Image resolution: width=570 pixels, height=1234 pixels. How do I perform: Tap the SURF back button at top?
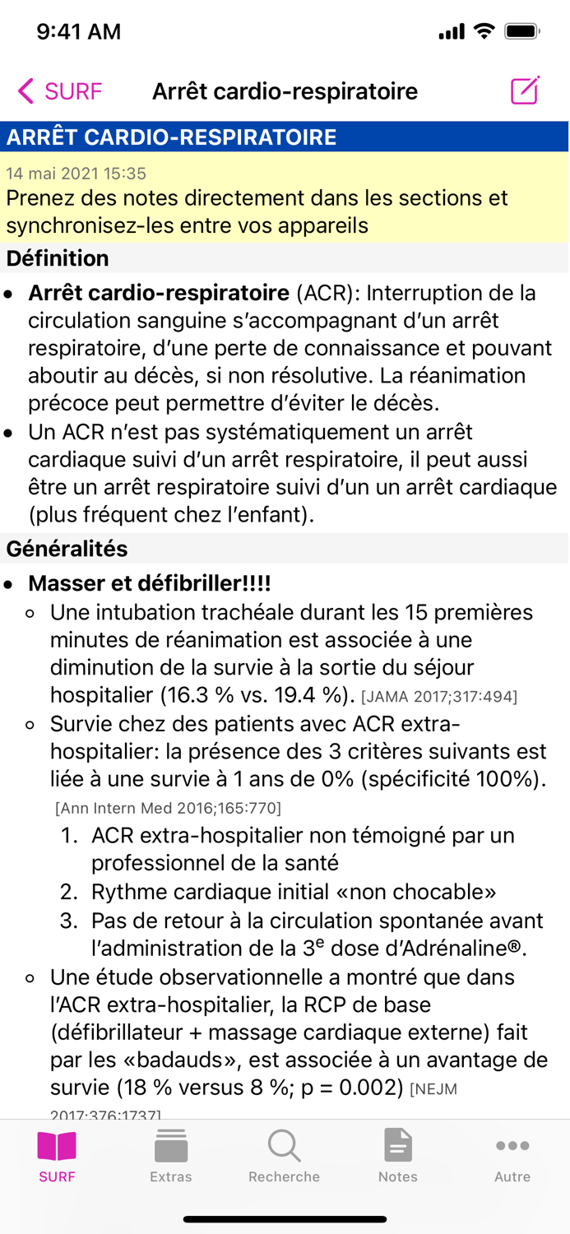point(59,91)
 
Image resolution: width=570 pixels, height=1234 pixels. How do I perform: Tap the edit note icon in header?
point(525,90)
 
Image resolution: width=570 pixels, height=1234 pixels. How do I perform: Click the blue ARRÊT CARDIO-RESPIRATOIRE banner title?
point(171,137)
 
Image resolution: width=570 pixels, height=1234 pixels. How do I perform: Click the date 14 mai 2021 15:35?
point(76,174)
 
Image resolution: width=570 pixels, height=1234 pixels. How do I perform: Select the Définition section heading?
point(58,258)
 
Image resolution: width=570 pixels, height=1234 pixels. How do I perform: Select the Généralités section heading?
point(67,549)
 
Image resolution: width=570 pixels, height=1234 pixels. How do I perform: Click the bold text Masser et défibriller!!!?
point(150,584)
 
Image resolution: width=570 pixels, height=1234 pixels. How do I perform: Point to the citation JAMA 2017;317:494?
point(439,697)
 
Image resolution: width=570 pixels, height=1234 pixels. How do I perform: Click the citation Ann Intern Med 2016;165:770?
point(168,808)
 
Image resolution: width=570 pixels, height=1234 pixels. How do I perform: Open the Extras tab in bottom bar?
point(171,1156)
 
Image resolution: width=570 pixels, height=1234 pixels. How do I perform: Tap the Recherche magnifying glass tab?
point(284,1156)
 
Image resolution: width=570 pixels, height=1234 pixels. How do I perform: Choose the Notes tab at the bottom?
point(398,1156)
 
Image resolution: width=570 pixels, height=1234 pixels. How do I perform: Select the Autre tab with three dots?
point(512,1156)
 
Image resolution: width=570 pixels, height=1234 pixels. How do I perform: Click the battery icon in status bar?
point(521,32)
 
